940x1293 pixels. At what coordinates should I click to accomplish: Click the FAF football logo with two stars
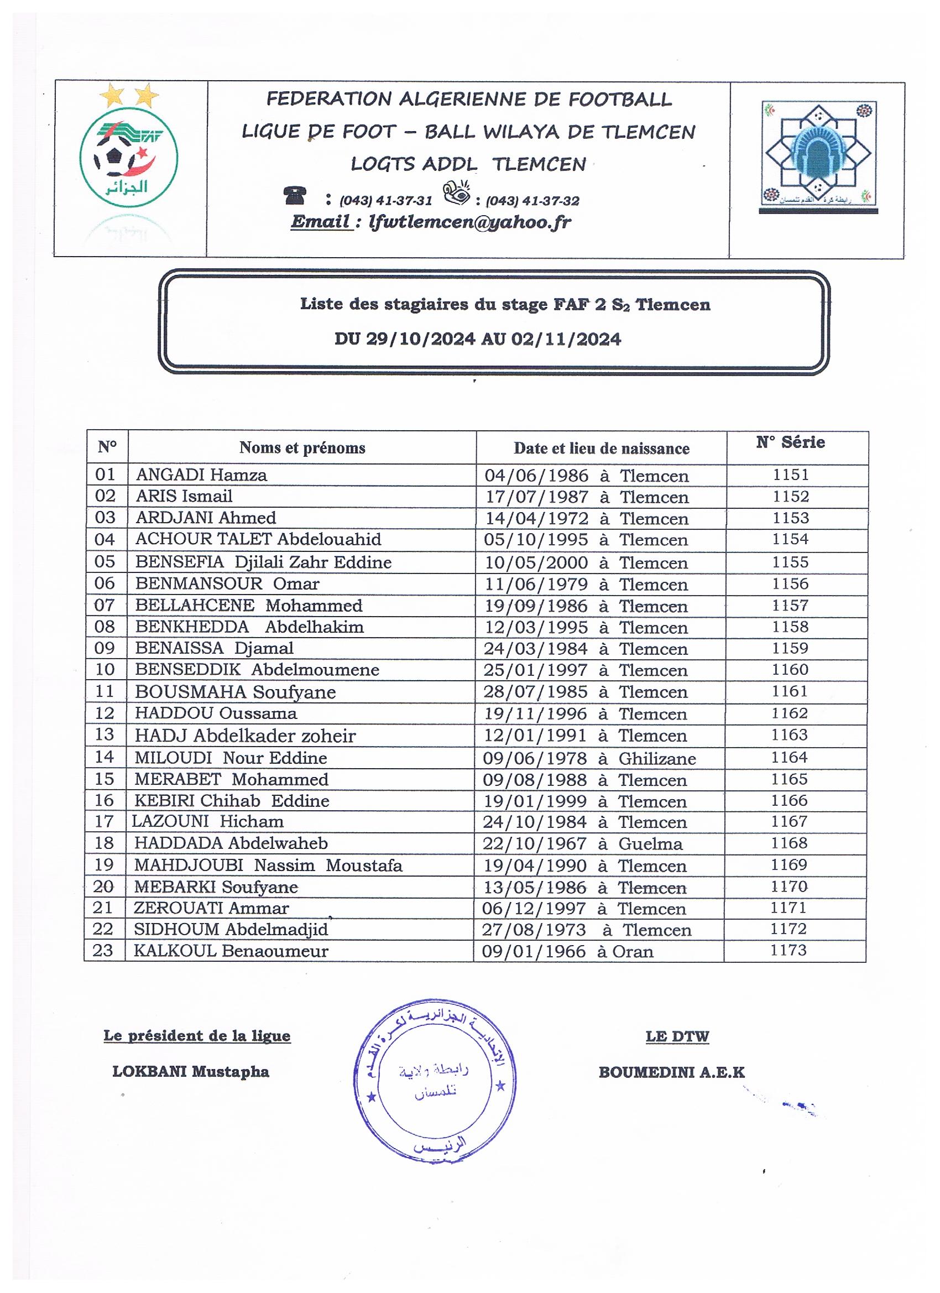(x=129, y=149)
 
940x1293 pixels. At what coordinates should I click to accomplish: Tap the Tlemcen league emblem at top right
(x=818, y=155)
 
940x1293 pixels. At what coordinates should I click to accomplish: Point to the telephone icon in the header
(x=295, y=196)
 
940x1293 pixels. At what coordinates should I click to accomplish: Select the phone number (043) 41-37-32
(x=532, y=201)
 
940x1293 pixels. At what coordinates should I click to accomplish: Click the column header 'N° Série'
(x=790, y=442)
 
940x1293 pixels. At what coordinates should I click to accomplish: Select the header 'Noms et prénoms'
(x=302, y=448)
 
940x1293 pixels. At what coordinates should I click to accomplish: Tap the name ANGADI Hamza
(x=201, y=475)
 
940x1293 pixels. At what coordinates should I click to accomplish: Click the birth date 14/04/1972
(x=536, y=518)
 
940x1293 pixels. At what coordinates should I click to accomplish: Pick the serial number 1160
(x=790, y=669)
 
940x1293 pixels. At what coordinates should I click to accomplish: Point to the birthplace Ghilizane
(x=657, y=759)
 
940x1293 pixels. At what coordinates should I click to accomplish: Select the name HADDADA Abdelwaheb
(x=231, y=843)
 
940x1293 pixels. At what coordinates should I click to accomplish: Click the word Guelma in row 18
(x=650, y=844)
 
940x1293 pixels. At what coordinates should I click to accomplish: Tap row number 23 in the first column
(x=103, y=951)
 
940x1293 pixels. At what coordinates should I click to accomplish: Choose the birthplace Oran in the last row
(x=633, y=952)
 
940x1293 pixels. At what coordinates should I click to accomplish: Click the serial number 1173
(x=788, y=950)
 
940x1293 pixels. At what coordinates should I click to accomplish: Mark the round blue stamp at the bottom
(x=435, y=1080)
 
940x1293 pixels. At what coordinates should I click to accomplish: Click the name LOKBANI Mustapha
(x=190, y=1072)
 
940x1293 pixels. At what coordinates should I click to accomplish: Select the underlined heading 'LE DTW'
(x=677, y=1036)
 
